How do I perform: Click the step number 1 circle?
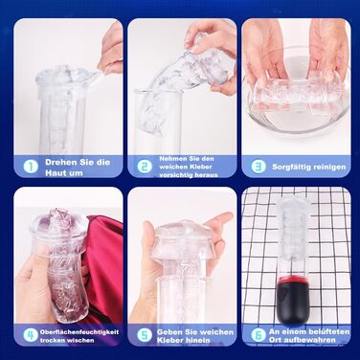31,167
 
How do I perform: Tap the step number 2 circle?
145,167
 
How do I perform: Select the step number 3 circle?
259,167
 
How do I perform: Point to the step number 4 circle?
31,335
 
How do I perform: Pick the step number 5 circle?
145,335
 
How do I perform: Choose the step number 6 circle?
259,335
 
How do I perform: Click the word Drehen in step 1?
59,162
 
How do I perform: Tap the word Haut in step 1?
56,173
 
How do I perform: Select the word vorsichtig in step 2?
175,175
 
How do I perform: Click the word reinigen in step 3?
329,167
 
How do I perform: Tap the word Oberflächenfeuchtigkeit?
79,332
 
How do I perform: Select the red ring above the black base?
293,281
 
